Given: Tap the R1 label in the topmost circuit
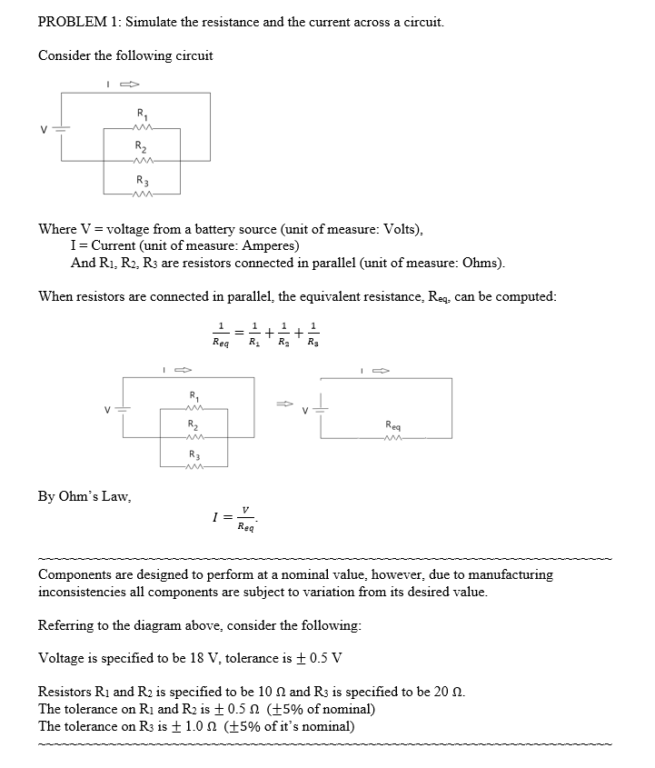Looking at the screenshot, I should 142,114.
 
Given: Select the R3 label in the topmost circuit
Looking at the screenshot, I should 142,179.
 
